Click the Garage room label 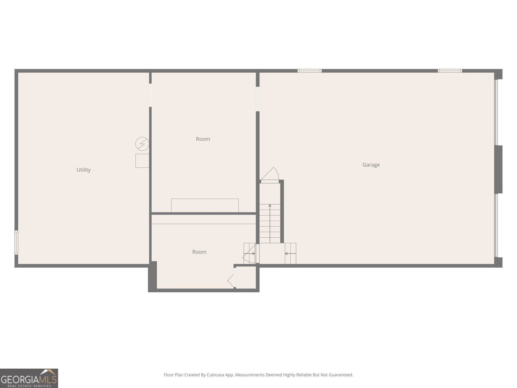(371, 165)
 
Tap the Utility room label (83, 170)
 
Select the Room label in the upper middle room (203, 139)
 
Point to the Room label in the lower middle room (199, 252)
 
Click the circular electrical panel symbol (142, 144)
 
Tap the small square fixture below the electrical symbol (142, 161)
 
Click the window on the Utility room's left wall (16, 242)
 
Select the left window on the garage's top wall (310, 71)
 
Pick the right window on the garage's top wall (450, 71)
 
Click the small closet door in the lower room (231, 280)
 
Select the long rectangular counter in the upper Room (205, 205)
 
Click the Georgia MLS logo (29, 378)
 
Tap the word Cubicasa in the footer (217, 375)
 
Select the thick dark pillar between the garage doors (499, 169)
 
